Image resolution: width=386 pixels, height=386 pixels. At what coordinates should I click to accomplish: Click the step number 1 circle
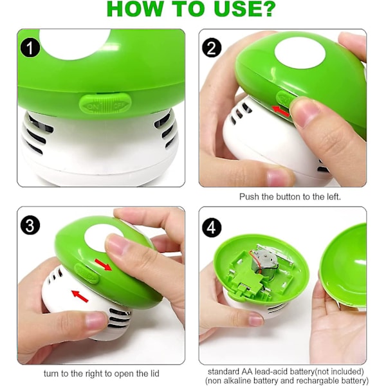click(30, 48)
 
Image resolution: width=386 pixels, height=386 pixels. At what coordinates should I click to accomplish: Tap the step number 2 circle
click(212, 48)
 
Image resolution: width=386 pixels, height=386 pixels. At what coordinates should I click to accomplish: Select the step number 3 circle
click(30, 225)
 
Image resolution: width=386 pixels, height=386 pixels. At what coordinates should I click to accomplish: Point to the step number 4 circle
click(212, 227)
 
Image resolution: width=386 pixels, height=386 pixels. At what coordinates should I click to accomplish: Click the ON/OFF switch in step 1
click(105, 104)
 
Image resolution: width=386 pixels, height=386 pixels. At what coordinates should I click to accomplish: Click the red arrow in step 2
click(280, 111)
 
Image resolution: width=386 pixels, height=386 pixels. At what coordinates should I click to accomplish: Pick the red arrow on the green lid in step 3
click(104, 264)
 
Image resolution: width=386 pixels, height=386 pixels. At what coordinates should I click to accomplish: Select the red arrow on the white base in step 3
click(80, 296)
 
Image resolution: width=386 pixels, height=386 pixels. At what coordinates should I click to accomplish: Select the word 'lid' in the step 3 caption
click(154, 373)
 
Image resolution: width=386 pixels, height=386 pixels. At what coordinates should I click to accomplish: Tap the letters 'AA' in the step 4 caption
click(247, 371)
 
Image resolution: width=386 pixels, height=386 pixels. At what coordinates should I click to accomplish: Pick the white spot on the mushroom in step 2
click(300, 54)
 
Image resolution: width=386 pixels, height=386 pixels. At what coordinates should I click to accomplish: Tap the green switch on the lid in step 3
click(87, 273)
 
